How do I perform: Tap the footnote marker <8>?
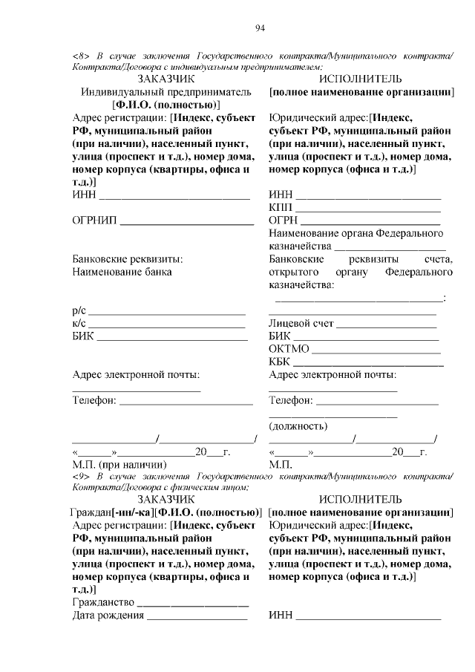(82, 56)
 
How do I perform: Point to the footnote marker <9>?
(82, 475)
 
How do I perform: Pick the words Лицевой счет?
(301, 324)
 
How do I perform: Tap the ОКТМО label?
(289, 348)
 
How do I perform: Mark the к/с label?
(79, 324)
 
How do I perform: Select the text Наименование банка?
(122, 272)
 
